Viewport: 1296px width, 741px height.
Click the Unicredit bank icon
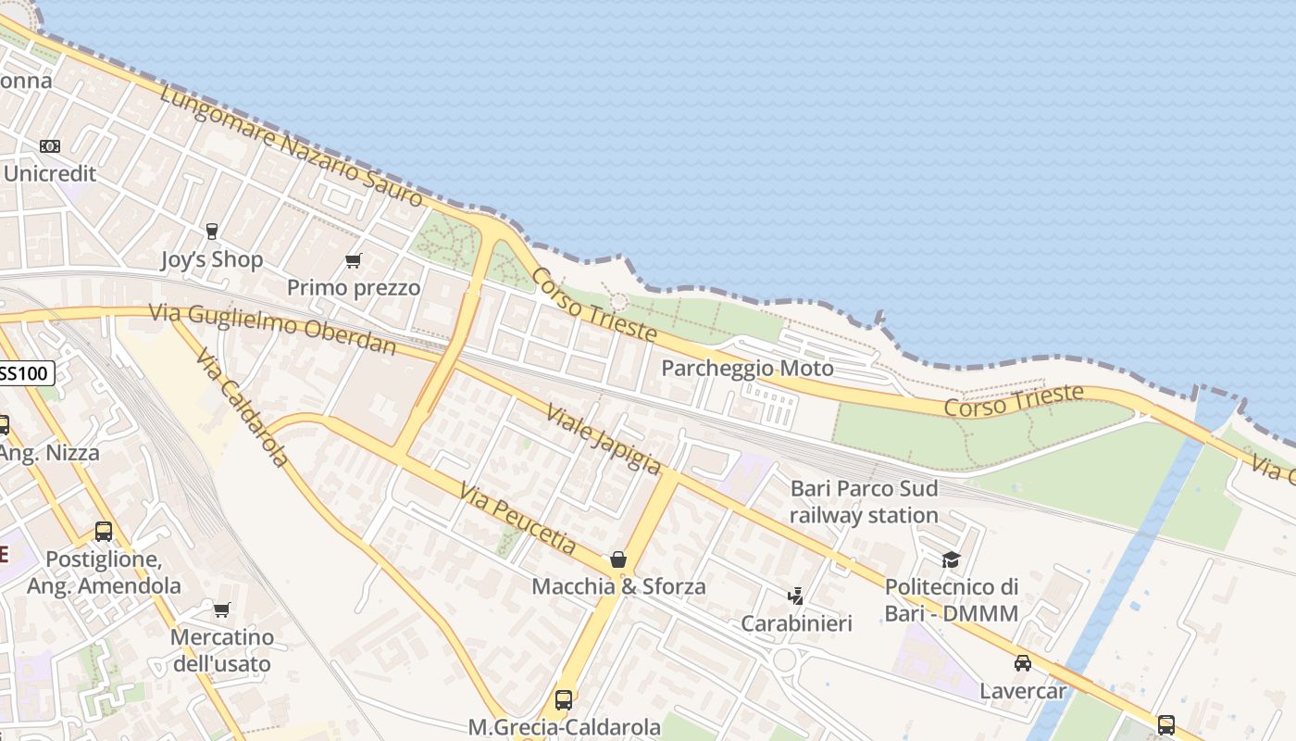(50, 146)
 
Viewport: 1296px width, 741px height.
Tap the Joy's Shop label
(212, 260)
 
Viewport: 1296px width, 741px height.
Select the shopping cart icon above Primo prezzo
(353, 260)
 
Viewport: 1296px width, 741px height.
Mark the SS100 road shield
(26, 374)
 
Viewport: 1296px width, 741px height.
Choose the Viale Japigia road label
(604, 439)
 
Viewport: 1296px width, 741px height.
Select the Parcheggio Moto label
(747, 369)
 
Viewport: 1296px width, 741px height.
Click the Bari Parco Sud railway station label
(864, 502)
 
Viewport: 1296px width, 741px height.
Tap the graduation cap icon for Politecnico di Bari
(951, 559)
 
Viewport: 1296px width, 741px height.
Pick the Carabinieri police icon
(795, 596)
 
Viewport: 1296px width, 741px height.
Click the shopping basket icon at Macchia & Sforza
(617, 559)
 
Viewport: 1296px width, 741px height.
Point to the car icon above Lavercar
(1022, 663)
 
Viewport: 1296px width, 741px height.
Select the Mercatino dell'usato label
(221, 650)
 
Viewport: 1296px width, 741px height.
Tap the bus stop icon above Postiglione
(104, 532)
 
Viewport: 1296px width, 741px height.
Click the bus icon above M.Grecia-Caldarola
(563, 699)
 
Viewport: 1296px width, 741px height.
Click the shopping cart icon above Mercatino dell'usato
(221, 609)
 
